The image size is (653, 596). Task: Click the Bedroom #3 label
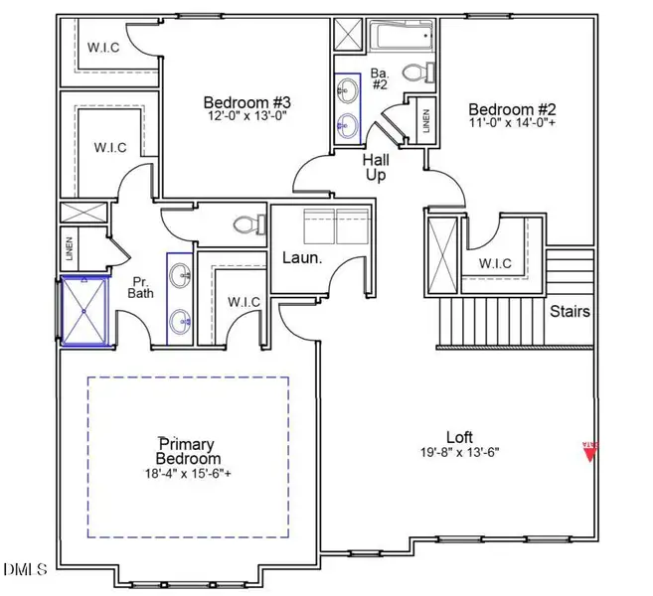[246, 102]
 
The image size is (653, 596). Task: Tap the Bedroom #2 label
[510, 109]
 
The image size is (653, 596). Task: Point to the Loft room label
[458, 436]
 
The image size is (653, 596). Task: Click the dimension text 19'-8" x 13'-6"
[458, 452]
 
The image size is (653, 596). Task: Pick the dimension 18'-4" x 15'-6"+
[188, 473]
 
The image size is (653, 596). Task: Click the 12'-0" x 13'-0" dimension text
[246, 117]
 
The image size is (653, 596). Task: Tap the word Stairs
[571, 311]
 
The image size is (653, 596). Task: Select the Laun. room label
[303, 257]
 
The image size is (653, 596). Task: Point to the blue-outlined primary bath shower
[85, 310]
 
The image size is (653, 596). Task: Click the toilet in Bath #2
[420, 72]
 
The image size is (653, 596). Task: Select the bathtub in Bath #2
[402, 39]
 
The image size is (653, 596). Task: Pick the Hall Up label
[376, 166]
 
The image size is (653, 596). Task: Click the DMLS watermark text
[25, 569]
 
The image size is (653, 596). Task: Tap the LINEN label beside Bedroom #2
[425, 121]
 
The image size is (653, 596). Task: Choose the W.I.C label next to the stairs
[493, 264]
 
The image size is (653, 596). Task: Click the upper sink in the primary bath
[181, 276]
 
